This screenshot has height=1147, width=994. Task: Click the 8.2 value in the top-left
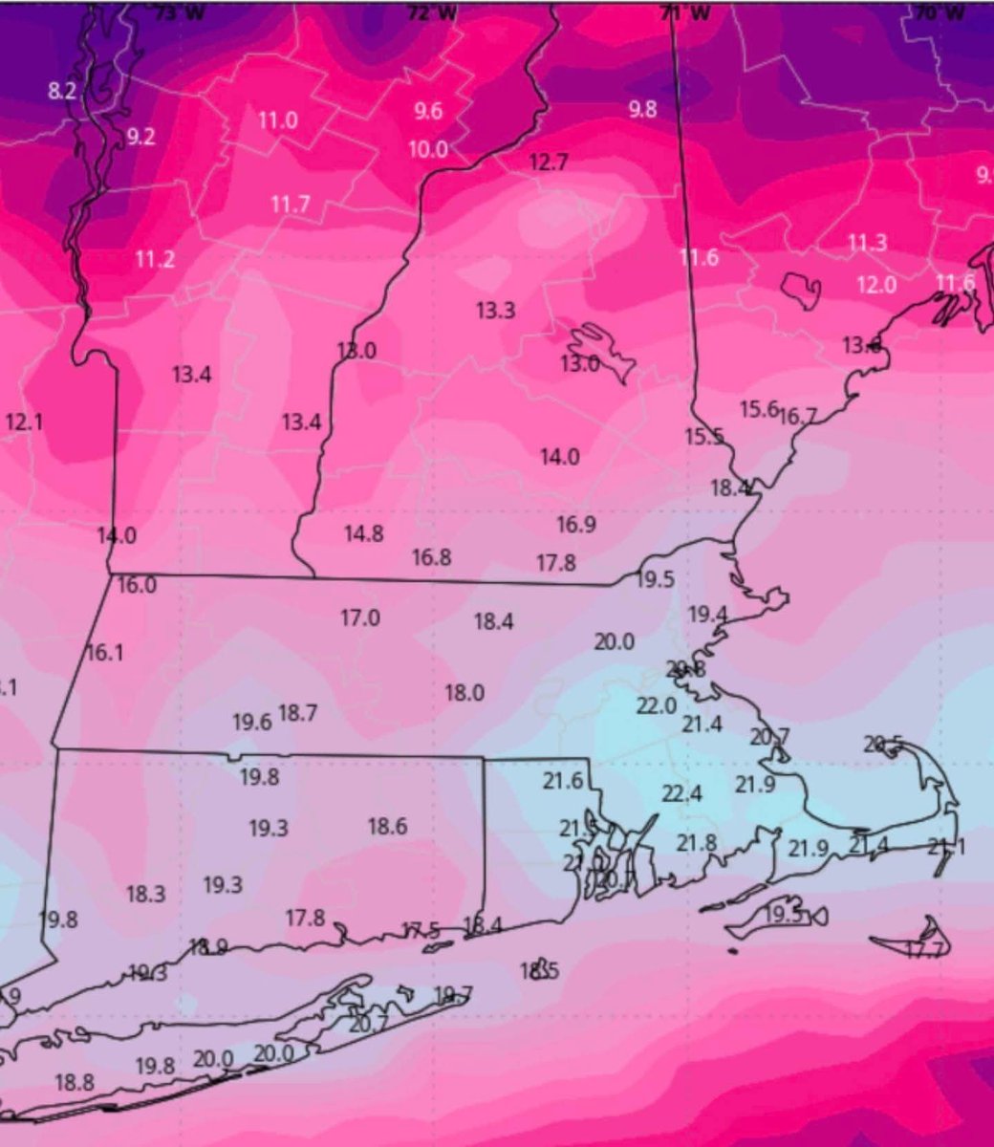(62, 92)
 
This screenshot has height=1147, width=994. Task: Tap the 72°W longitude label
(418, 12)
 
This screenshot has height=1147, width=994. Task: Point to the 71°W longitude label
(672, 12)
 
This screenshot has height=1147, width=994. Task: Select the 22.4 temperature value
(681, 793)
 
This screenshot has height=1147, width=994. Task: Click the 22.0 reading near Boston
(657, 706)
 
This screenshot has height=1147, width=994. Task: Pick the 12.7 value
(548, 162)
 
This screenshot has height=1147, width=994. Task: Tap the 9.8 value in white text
(642, 109)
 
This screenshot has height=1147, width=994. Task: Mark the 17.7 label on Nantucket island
(925, 949)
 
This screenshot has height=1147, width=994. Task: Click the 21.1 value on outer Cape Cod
(946, 846)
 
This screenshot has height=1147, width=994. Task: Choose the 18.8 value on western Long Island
(75, 1082)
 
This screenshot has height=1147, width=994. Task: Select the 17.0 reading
(359, 618)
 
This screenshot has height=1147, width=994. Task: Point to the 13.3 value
(495, 310)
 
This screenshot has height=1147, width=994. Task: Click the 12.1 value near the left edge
(24, 421)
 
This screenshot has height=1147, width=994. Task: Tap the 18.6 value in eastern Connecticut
(387, 826)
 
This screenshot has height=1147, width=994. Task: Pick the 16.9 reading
(576, 524)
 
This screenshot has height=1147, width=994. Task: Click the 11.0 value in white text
(277, 120)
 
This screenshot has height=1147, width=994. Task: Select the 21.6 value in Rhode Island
(563, 780)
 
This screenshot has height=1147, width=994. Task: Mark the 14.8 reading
(364, 533)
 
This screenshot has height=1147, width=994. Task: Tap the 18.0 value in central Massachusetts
(465, 693)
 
